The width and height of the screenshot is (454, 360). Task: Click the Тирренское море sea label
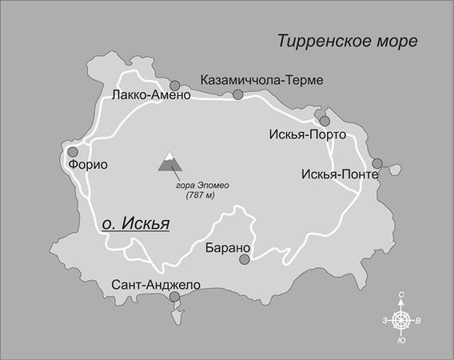point(347,41)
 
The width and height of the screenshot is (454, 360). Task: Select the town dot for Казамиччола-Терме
point(237,95)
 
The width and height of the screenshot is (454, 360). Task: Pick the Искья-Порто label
point(307,134)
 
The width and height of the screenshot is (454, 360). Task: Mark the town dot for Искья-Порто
point(325,122)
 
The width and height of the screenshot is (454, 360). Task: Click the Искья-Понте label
point(335,174)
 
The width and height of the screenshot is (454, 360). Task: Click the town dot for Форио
point(73,151)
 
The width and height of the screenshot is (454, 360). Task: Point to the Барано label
point(229,246)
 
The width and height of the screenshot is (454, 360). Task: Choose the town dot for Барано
point(245,258)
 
